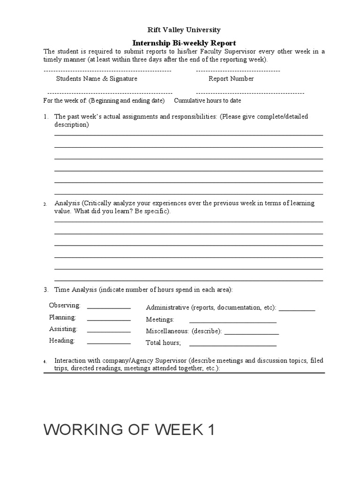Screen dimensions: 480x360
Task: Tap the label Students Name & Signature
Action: [x=97, y=79]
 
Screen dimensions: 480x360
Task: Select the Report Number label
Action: [x=231, y=79]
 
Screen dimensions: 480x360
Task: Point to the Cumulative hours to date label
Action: [x=208, y=101]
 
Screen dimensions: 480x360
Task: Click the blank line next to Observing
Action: [x=109, y=307]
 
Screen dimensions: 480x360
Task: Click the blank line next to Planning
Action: [x=109, y=320]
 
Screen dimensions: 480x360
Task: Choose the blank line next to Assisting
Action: [x=109, y=331]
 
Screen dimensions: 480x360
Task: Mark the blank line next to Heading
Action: [x=109, y=343]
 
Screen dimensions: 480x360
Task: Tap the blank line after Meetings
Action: [x=232, y=322]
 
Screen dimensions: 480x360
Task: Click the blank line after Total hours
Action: [x=232, y=345]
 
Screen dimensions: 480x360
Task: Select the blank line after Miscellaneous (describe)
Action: [x=252, y=333]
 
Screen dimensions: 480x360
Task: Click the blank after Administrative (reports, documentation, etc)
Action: [x=297, y=310]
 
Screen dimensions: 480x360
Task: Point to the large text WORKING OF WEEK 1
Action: [x=129, y=429]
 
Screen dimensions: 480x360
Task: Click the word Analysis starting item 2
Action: [x=67, y=203]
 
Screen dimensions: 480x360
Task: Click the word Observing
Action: [x=65, y=306]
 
